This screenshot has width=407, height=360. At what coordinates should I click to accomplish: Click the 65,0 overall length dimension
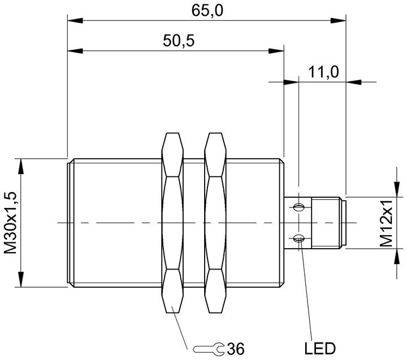(207, 11)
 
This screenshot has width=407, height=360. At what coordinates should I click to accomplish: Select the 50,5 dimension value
(179, 41)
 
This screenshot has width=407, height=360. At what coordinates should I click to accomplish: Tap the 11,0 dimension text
(323, 72)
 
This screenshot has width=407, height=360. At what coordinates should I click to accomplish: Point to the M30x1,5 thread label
(11, 223)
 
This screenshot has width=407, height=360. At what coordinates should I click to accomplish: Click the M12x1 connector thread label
(386, 223)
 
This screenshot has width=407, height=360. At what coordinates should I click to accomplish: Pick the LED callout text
(320, 348)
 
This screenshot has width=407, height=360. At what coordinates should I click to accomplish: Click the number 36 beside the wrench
(236, 349)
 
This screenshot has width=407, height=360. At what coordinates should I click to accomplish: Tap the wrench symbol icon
(209, 349)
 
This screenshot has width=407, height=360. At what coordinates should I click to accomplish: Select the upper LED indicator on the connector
(298, 207)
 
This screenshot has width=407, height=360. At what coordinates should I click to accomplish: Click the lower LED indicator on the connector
(298, 238)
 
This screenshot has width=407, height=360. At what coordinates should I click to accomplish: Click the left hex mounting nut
(172, 223)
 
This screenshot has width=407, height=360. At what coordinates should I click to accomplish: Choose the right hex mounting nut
(215, 223)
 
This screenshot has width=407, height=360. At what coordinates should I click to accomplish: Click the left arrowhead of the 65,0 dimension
(75, 20)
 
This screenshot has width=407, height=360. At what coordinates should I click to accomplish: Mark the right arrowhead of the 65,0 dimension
(338, 20)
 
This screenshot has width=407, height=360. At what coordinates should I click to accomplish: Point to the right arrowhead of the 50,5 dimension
(276, 51)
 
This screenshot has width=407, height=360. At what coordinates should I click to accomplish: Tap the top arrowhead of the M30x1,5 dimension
(20, 166)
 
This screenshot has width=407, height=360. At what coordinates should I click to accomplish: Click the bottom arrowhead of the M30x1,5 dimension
(20, 279)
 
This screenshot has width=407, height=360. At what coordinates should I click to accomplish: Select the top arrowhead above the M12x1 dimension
(397, 189)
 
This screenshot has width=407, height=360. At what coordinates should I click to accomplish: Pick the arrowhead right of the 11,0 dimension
(353, 82)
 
